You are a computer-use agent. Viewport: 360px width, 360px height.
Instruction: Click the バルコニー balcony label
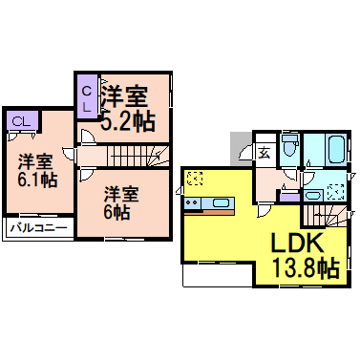click(38, 229)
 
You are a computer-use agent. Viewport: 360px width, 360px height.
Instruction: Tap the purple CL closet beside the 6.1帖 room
click(20, 121)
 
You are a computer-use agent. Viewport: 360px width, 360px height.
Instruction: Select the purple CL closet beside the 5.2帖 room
click(86, 96)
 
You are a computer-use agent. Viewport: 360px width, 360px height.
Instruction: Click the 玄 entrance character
click(264, 150)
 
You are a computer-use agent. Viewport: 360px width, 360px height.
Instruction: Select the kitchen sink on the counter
click(221, 203)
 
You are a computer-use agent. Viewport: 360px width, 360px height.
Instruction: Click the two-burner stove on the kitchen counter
click(193, 204)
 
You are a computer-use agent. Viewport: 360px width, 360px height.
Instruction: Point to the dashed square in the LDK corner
click(195, 177)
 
